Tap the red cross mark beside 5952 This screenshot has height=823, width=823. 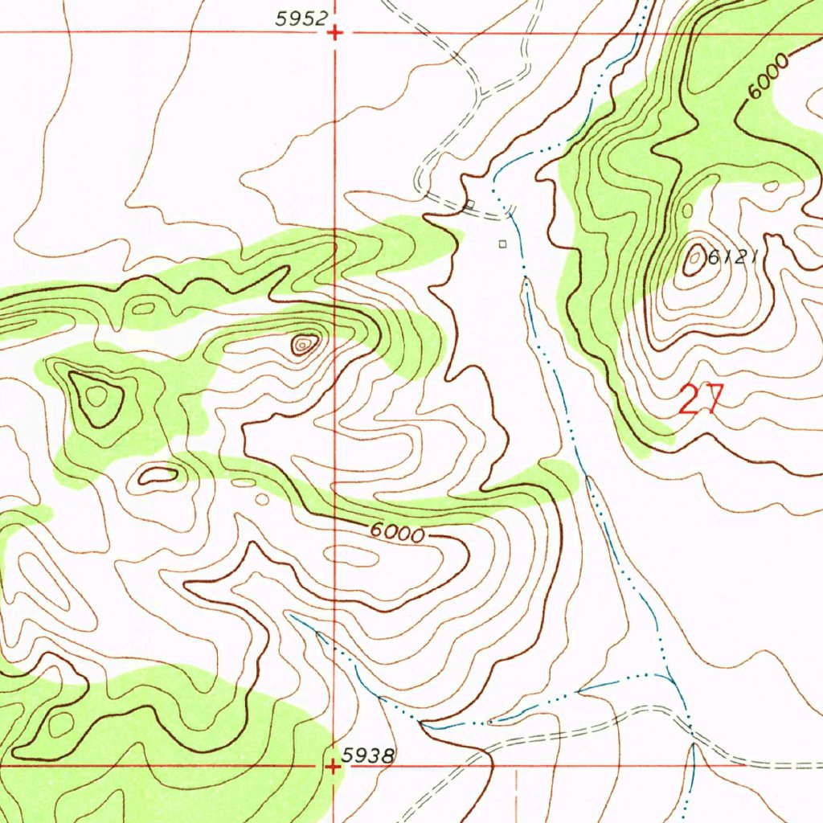[335, 33]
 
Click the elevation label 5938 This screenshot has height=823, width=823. [367, 755]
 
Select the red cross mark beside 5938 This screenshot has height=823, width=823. [334, 767]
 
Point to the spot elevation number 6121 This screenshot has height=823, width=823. [733, 257]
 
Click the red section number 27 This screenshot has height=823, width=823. [702, 399]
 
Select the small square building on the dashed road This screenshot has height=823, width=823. [470, 204]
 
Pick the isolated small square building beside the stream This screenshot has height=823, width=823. [503, 244]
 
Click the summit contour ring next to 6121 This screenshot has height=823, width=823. [693, 260]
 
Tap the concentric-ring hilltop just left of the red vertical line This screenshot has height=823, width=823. [304, 345]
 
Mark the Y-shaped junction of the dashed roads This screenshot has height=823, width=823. [479, 96]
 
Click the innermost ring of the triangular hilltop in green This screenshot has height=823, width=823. [97, 395]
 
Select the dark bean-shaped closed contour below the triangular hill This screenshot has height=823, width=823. [158, 476]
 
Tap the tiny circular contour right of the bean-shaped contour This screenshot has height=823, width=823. [262, 499]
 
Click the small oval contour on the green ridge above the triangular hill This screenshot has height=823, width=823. [144, 307]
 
